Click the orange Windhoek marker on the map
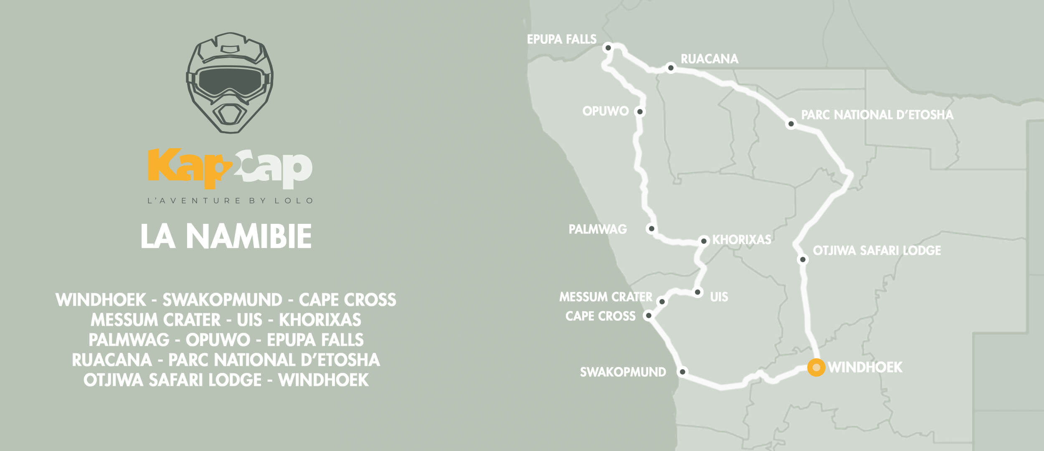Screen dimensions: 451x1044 coord(816,367)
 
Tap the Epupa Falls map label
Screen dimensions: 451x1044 coord(561,39)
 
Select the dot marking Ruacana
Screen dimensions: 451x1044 coord(671,68)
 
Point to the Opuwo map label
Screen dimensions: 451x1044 coord(605,111)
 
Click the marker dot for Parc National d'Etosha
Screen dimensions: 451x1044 coord(791,124)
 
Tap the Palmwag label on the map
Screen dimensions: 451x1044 coord(598,229)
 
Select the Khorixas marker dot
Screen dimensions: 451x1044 coord(704,241)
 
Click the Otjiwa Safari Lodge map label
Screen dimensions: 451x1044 coord(877,251)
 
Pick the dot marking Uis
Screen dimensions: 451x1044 coord(697,292)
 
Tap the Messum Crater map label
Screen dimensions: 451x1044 coord(606,297)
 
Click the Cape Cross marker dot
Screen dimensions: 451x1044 coord(649,315)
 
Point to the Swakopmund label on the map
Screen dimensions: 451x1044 coord(623,372)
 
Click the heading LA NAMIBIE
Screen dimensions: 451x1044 coord(226,236)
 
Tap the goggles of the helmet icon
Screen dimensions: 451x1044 coord(230,81)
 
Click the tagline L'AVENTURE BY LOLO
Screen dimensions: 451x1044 coord(230,201)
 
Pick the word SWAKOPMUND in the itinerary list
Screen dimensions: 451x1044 coord(222,300)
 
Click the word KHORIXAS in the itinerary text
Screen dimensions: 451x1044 coord(320,320)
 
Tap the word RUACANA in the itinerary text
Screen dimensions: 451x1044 coord(112,360)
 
